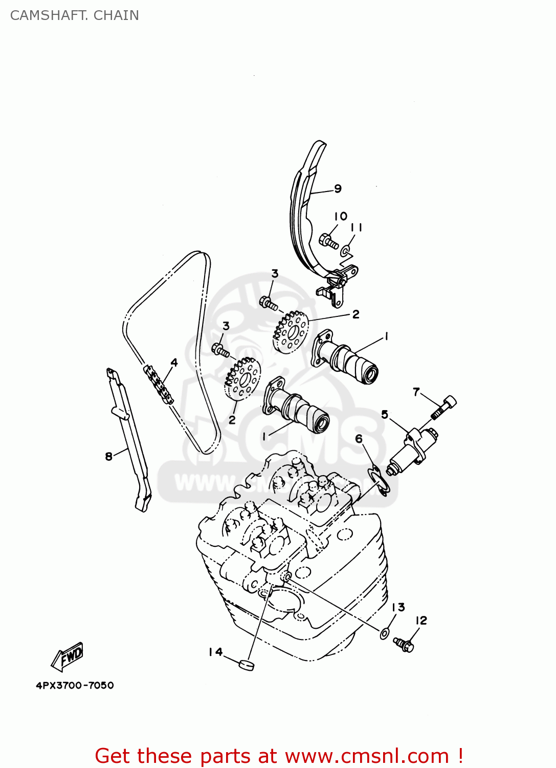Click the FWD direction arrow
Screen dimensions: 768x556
(68, 657)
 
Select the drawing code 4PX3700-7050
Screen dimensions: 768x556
(75, 686)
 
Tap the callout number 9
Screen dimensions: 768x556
(338, 188)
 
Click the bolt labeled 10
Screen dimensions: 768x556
(328, 241)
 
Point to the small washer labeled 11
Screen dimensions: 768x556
(346, 251)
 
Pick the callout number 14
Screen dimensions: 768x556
(215, 652)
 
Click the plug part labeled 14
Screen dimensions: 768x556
(247, 665)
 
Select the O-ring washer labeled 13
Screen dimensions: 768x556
(384, 634)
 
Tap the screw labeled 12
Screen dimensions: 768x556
(404, 644)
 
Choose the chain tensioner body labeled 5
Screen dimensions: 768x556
(412, 451)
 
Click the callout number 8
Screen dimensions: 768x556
(108, 456)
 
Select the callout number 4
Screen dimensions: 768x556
(174, 362)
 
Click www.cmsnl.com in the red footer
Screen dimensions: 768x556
(366, 756)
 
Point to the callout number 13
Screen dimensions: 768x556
(398, 607)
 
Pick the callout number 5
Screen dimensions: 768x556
(385, 414)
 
